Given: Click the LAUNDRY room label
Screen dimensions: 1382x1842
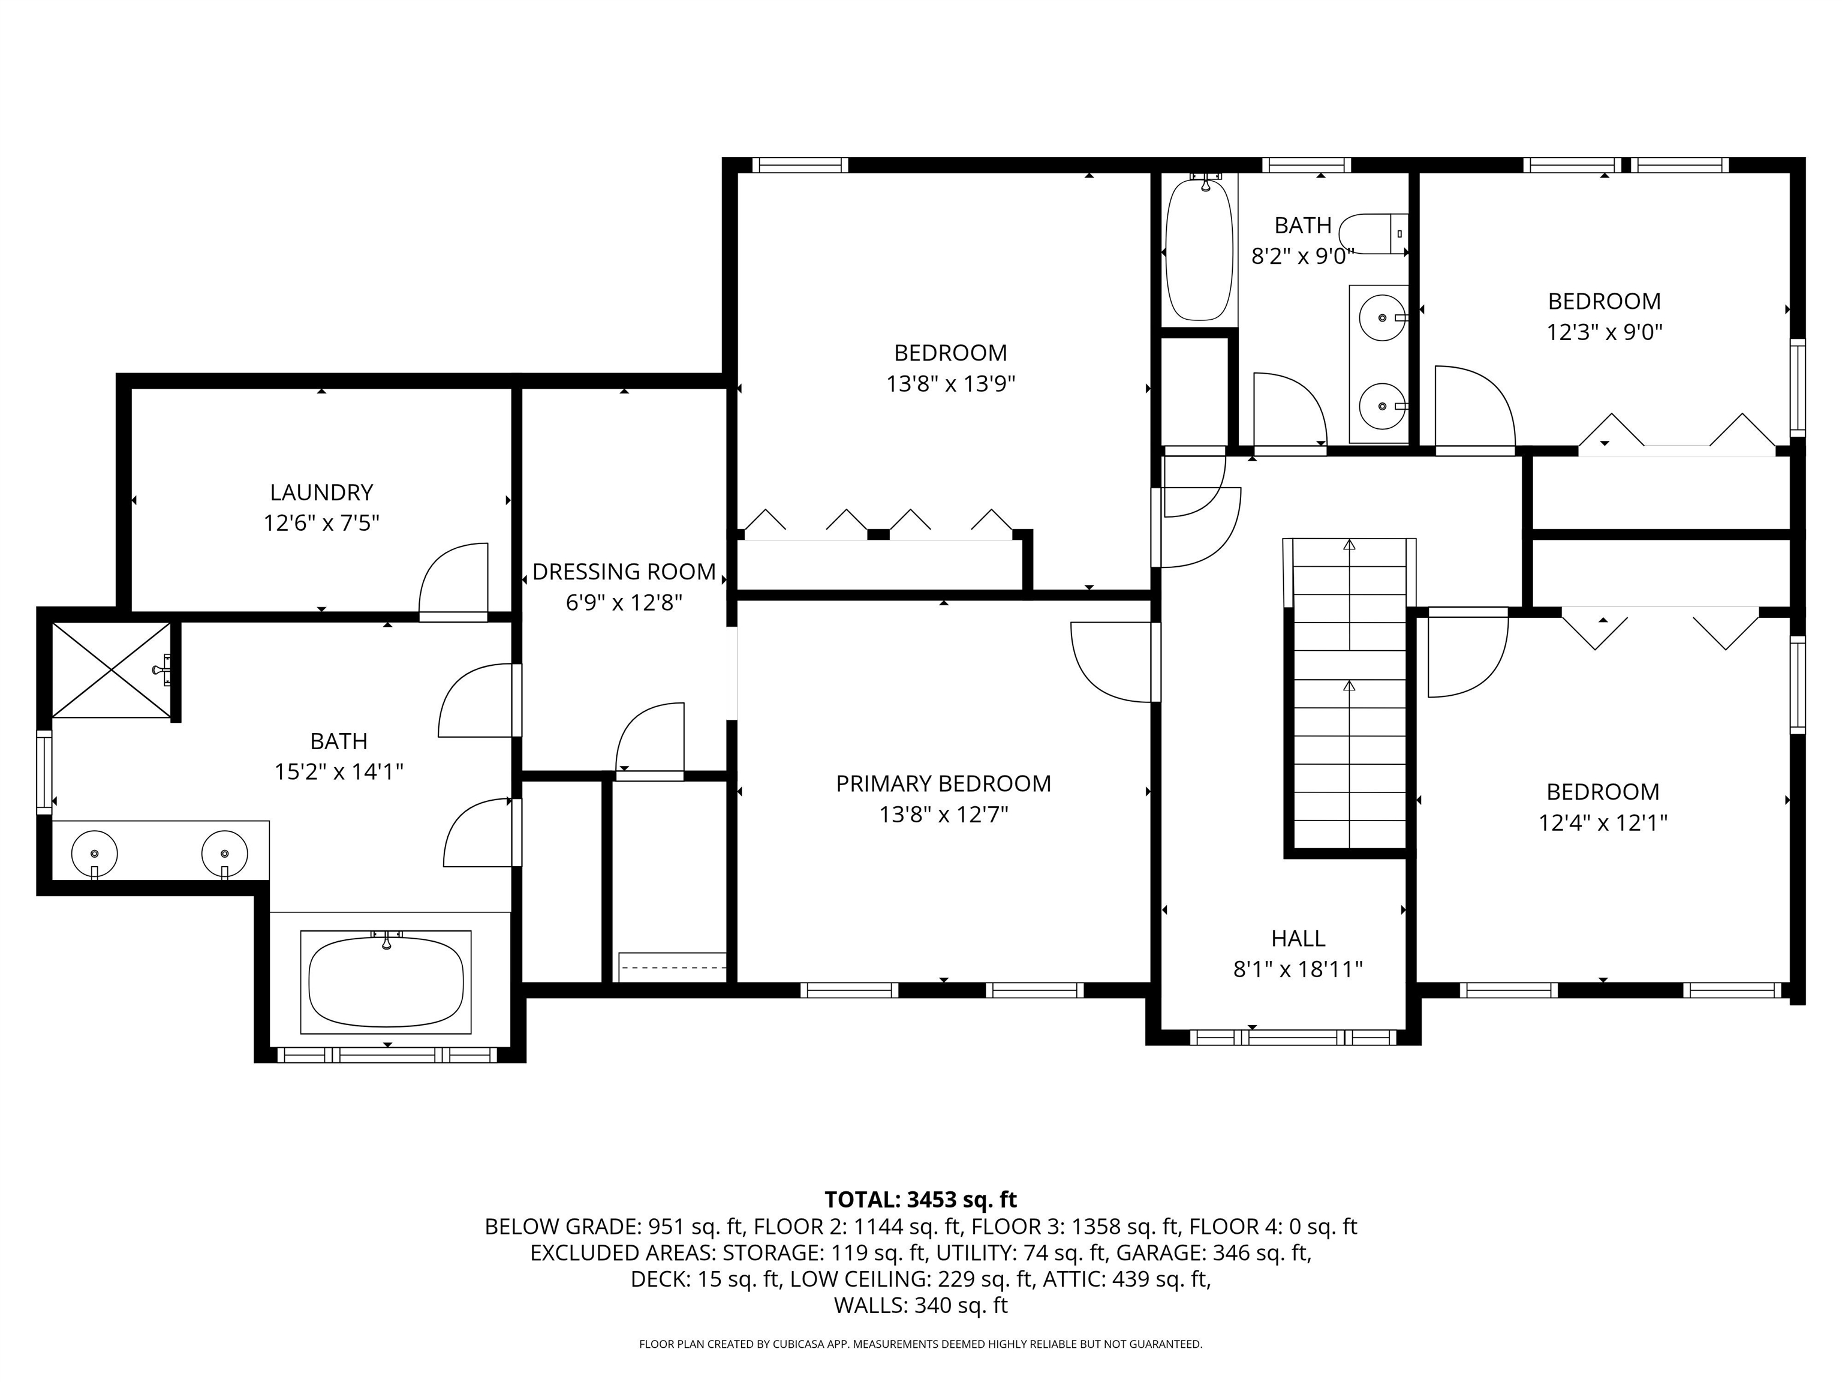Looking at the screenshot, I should pos(321,492).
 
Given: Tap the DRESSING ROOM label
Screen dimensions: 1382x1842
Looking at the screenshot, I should pos(624,572).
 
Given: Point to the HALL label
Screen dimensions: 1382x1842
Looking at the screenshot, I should pos(1298,938).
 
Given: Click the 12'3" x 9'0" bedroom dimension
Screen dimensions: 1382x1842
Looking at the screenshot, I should pos(1604,332).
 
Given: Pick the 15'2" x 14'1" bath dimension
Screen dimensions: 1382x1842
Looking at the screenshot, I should pos(339,771).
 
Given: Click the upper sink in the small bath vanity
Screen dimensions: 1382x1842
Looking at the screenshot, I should pos(1382,317).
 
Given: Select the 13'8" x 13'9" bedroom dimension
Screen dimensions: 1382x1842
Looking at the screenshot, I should pos(950,384).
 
